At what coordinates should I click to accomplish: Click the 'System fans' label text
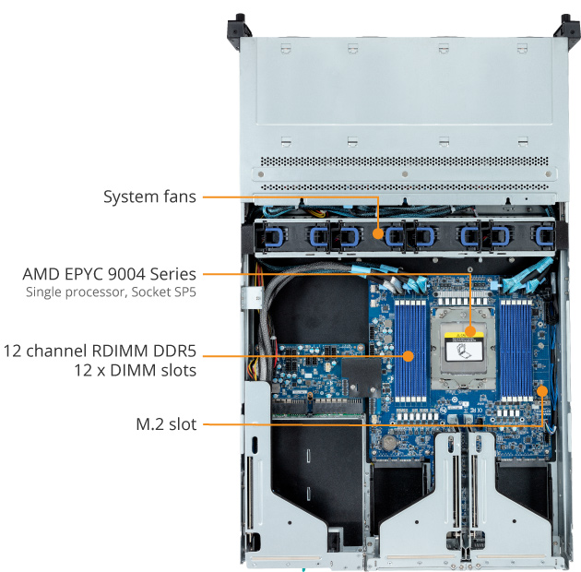tap(148, 197)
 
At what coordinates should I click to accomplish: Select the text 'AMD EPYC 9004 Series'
tap(109, 274)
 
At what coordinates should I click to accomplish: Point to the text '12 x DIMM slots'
tap(136, 370)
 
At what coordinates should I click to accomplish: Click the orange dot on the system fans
tap(379, 232)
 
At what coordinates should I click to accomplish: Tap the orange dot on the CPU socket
tap(470, 329)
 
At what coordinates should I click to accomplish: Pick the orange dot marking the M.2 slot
tap(542, 391)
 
